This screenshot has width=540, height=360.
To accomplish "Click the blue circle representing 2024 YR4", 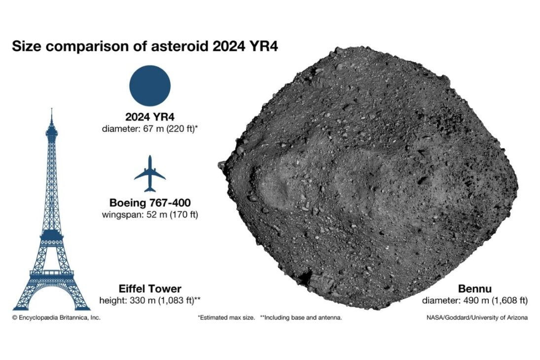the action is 150,85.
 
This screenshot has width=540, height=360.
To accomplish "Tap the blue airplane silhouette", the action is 150,174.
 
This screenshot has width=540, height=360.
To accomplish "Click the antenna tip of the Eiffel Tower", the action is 52,109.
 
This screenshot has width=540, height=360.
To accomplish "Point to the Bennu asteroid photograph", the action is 368,178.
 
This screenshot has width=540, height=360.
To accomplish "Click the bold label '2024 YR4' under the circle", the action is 150,117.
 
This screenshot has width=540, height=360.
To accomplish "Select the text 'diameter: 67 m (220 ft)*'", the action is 150,129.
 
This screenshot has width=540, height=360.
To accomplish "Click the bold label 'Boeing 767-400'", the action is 150,203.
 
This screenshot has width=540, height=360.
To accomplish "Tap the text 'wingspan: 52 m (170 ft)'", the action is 150,215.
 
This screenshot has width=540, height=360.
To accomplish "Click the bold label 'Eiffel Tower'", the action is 150,288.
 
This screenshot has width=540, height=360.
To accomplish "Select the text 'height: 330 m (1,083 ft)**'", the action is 150,300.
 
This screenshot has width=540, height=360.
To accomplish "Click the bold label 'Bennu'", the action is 474,288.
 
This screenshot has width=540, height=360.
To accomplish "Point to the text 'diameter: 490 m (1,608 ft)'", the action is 474,300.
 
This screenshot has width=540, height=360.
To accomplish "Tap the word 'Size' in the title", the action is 27,46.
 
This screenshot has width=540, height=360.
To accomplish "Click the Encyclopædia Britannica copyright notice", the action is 57,318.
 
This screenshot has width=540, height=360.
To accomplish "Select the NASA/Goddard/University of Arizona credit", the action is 477,318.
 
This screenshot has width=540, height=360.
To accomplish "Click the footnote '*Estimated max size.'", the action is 226,318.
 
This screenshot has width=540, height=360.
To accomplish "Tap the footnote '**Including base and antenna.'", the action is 301,318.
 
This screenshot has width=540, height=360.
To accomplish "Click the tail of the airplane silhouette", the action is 150,189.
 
